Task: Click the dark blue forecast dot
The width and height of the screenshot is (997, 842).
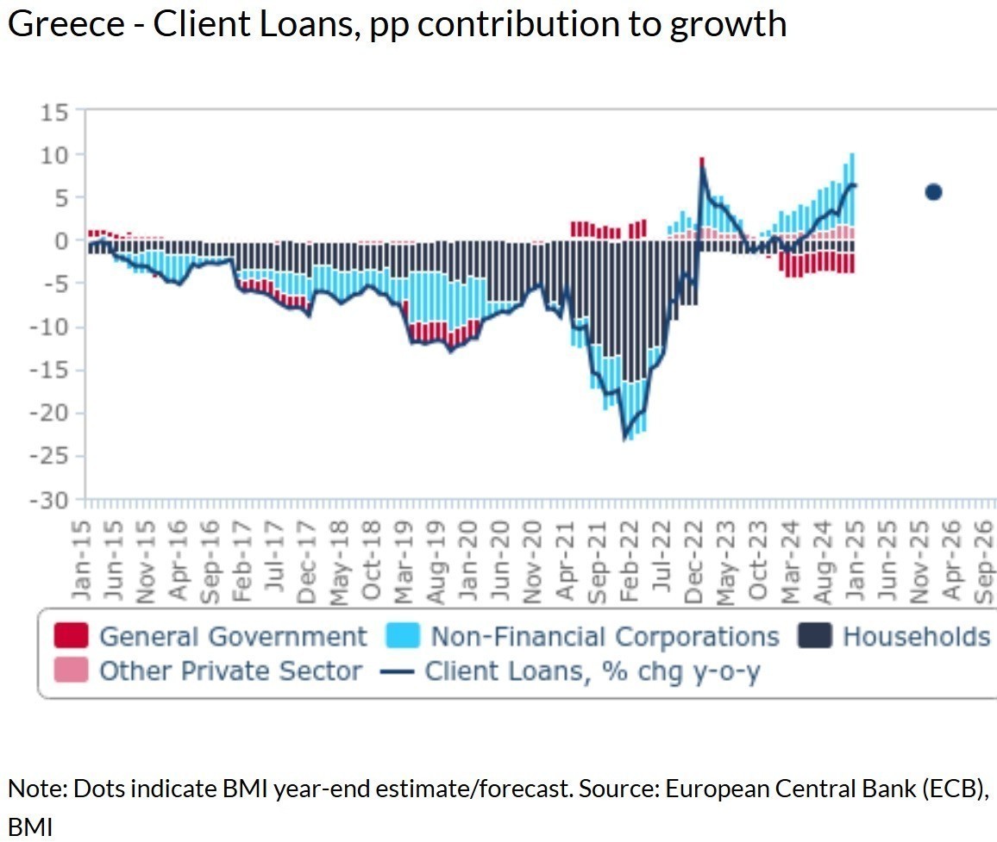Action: pos(932,192)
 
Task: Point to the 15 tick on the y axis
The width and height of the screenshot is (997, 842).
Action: pos(56,112)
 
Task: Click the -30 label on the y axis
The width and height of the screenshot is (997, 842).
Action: pos(50,500)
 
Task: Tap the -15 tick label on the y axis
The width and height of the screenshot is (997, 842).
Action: pos(50,371)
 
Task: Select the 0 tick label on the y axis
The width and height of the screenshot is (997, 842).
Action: pos(62,241)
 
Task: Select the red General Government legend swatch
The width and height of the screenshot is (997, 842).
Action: pos(71,637)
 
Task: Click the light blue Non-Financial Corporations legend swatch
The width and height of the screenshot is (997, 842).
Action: pos(403,637)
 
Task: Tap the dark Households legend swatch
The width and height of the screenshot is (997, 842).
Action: pos(814,637)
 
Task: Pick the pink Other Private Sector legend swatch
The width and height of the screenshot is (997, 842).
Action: pos(71,670)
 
